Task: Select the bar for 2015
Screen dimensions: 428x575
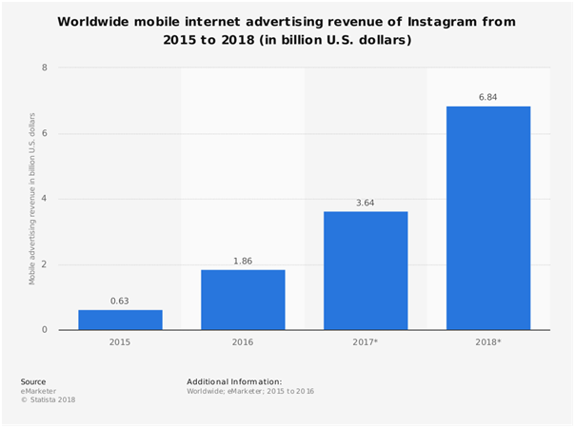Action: coord(120,320)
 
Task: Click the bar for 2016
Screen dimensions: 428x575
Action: coord(243,300)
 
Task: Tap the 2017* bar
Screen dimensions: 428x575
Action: coord(366,270)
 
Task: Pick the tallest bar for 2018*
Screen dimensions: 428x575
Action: coord(488,218)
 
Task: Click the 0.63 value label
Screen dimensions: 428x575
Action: coord(120,302)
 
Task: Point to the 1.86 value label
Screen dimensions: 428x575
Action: coord(243,261)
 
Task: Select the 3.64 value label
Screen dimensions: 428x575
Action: coord(366,203)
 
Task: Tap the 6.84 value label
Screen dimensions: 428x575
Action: coord(488,97)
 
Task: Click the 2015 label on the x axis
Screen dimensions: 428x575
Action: coord(120,342)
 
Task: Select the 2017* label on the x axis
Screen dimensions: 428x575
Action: coord(366,342)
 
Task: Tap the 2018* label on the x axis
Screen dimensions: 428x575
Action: coord(488,342)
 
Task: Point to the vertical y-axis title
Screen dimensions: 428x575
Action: coord(31,199)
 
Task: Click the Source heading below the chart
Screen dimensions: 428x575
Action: coord(32,381)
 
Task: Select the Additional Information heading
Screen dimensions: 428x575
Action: coord(234,381)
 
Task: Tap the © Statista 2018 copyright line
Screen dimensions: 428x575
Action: coord(49,399)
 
